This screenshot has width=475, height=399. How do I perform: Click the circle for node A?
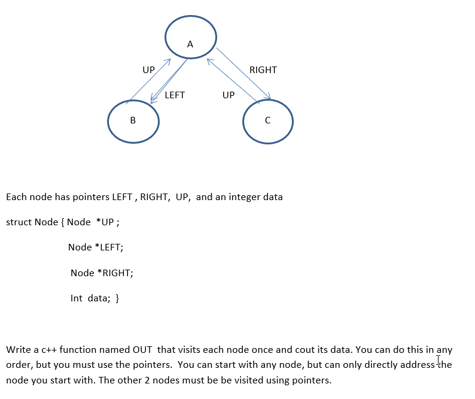click(190, 35)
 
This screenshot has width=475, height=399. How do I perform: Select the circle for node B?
click(133, 121)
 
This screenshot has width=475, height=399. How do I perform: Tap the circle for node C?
click(268, 121)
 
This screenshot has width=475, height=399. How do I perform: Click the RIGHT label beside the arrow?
click(263, 70)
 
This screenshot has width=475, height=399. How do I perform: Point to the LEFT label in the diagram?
click(175, 95)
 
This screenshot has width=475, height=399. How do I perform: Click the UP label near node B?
click(148, 70)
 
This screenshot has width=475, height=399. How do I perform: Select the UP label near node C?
click(229, 95)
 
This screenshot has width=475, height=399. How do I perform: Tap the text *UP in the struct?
click(105, 222)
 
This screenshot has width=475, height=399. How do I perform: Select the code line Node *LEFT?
click(96, 247)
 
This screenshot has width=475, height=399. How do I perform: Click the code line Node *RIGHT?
click(102, 273)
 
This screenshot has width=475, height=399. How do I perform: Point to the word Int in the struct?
click(77, 298)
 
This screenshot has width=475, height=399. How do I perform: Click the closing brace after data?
click(117, 298)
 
